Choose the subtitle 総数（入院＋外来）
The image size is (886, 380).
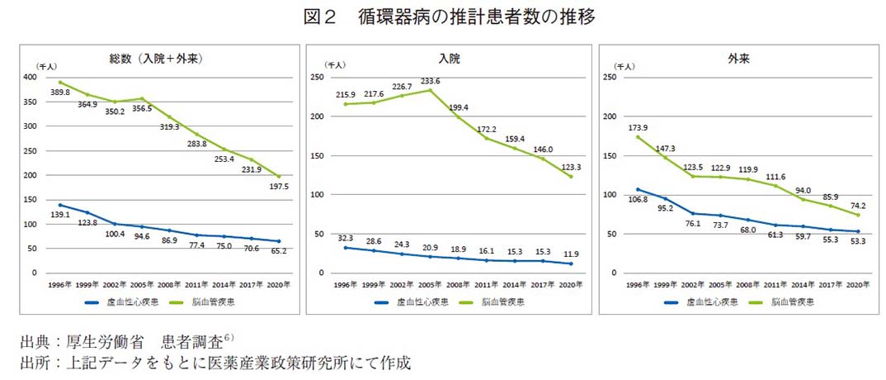click(157, 59)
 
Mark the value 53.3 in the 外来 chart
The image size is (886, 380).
click(858, 241)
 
